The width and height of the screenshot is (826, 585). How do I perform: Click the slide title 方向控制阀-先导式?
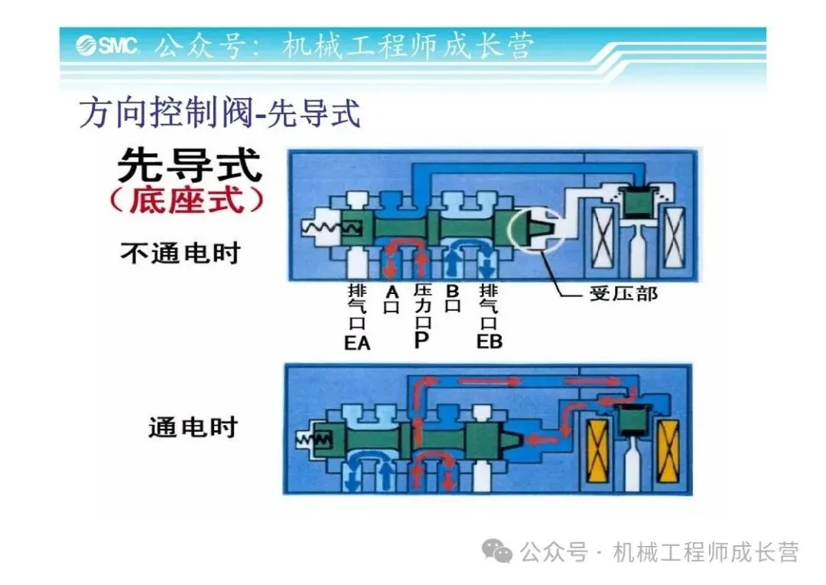pos(220,114)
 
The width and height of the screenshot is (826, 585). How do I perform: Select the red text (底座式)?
pos(187,201)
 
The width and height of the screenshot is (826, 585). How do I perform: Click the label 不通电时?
pos(180,253)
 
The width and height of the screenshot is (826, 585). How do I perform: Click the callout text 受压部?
pos(623,293)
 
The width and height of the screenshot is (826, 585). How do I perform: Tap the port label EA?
pos(357,342)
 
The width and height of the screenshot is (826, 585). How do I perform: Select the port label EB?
pos(489,342)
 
